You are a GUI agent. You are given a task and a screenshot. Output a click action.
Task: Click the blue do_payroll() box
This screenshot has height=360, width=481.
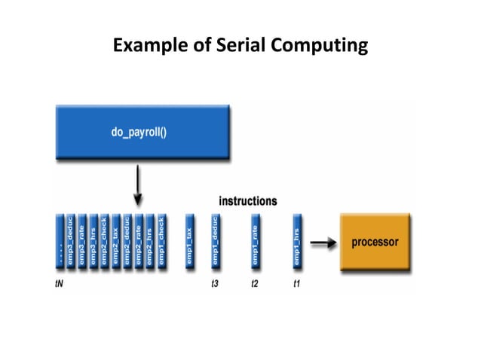click(x=142, y=133)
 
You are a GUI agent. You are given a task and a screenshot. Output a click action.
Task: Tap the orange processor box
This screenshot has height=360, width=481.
click(x=375, y=242)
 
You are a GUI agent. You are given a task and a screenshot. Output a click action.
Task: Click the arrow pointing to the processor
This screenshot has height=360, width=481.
click(x=322, y=243)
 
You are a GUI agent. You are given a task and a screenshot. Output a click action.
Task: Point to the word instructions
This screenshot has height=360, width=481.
click(x=247, y=201)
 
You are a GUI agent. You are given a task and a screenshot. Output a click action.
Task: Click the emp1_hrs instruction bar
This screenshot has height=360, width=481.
click(x=298, y=242)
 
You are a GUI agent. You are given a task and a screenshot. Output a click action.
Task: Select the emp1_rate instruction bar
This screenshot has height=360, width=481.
click(x=256, y=242)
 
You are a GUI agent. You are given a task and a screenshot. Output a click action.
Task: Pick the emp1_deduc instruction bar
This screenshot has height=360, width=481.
click(x=215, y=242)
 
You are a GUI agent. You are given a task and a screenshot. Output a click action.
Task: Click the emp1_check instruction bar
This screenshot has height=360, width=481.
click(x=161, y=242)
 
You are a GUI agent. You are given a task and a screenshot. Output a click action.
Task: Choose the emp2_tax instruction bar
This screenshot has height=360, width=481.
click(x=115, y=242)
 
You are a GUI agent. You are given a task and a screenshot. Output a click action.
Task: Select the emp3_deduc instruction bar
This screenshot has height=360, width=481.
click(x=71, y=242)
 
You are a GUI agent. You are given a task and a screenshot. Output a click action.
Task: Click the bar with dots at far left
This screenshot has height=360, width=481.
click(x=60, y=242)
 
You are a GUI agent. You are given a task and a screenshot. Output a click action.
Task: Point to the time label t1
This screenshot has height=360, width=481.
click(x=297, y=285)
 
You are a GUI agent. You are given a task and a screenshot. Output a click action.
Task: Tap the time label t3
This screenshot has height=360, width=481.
click(x=215, y=285)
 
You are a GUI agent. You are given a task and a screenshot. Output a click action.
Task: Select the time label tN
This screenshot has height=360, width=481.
click(x=60, y=285)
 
